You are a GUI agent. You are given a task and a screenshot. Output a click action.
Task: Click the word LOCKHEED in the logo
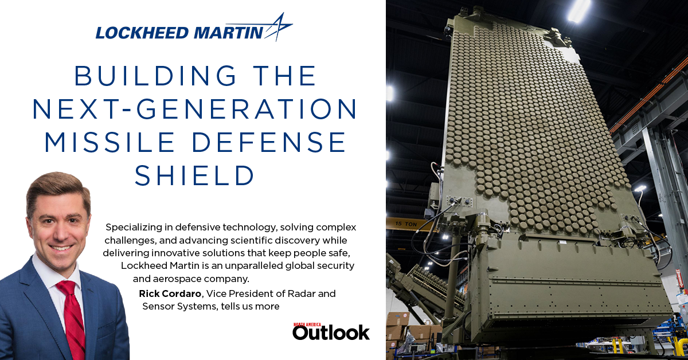coord(131,33)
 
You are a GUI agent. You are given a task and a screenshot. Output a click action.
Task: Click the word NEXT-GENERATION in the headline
coord(195,109)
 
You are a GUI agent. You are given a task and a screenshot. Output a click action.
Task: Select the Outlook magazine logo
coord(331,332)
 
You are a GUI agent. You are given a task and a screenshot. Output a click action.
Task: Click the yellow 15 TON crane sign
coord(401,222)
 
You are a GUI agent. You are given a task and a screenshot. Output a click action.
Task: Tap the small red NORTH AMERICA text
coord(308,324)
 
